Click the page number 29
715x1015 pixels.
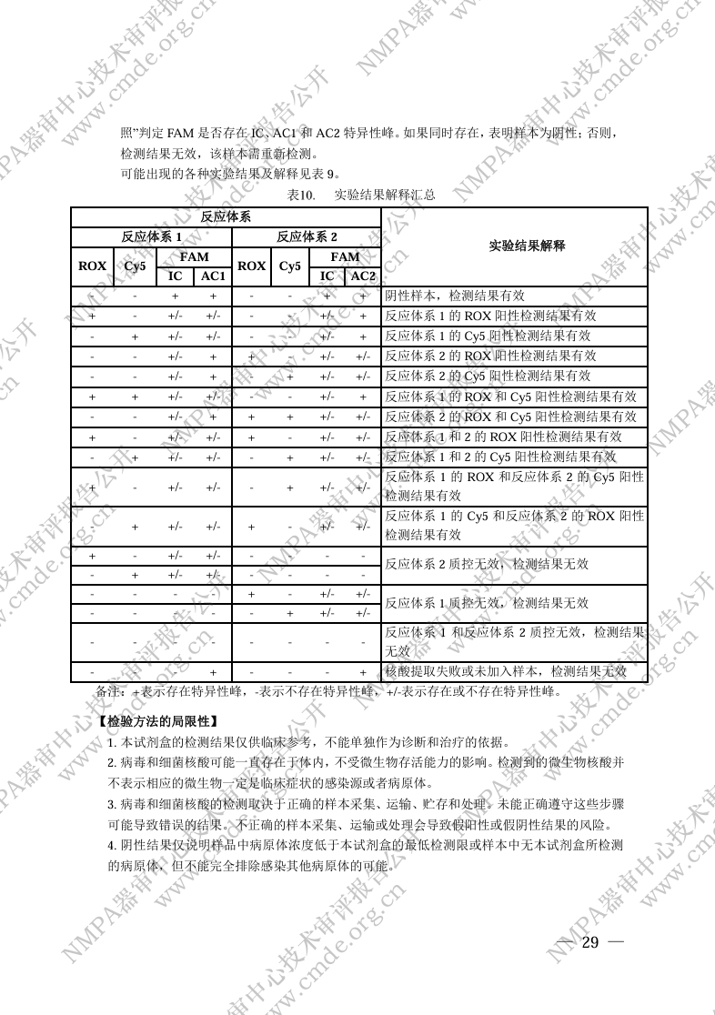(x=589, y=942)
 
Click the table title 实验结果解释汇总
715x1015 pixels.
(x=385, y=195)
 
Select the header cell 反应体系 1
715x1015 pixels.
(x=152, y=236)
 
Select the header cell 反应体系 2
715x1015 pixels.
(x=307, y=236)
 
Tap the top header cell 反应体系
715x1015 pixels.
(x=226, y=217)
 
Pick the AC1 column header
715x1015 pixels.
(x=213, y=276)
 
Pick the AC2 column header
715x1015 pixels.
(x=363, y=276)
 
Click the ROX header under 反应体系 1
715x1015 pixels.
(x=92, y=266)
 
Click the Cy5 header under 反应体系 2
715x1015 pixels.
(x=290, y=266)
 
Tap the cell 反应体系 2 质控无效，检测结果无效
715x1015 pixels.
(x=487, y=564)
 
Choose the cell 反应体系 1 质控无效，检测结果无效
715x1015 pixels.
(x=487, y=603)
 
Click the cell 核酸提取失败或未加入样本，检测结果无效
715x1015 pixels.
(x=506, y=672)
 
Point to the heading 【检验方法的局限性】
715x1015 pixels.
(x=156, y=721)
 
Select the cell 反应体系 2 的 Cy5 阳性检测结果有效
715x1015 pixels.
(x=488, y=376)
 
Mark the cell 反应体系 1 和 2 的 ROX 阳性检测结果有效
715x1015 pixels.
(x=500, y=436)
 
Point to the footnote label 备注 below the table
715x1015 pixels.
(x=108, y=691)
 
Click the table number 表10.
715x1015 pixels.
(x=300, y=195)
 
